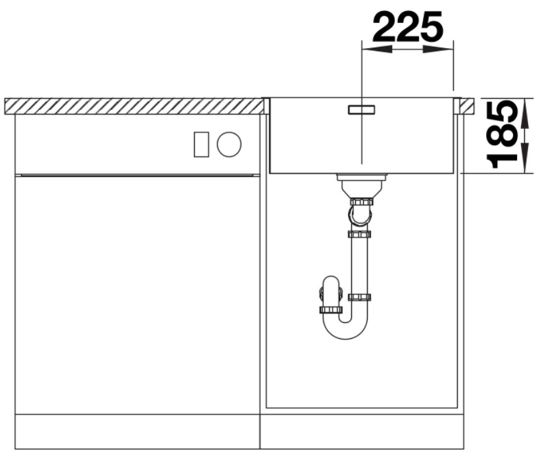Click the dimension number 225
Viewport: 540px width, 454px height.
pos(407,27)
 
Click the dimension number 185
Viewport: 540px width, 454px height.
pos(501,134)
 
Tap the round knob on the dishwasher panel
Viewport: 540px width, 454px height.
pos(229,144)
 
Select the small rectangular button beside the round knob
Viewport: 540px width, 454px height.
pos(201,144)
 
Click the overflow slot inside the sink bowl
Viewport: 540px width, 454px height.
pos(361,109)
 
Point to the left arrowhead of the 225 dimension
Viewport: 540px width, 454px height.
pos(376,49)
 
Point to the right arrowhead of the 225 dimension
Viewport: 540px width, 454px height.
pos(439,49)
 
